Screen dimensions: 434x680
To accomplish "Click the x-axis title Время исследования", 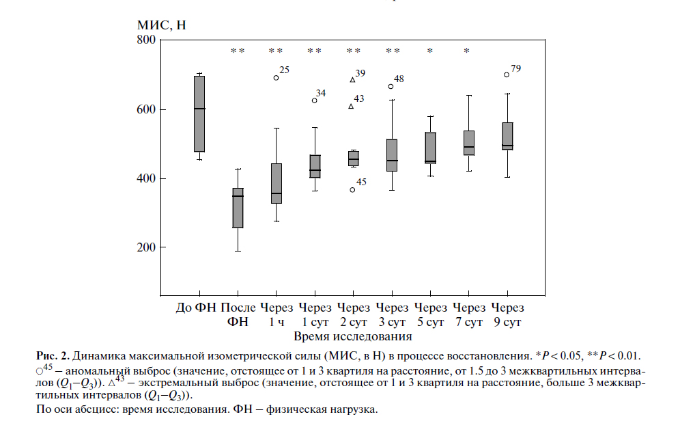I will (353, 336).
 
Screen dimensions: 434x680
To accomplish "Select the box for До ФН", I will (199, 113).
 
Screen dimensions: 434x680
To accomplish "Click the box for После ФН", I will (238, 208).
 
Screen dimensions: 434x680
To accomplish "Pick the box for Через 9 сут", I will (507, 136).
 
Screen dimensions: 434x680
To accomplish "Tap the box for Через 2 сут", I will (353, 158).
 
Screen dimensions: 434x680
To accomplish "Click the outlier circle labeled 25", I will (277, 77).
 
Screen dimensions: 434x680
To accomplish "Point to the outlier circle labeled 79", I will (507, 74).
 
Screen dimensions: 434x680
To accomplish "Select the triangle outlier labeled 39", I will (352, 80).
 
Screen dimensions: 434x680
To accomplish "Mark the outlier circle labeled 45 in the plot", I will (352, 189).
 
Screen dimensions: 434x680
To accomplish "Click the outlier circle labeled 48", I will (391, 86).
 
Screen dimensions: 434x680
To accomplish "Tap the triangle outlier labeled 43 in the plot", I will (352, 106).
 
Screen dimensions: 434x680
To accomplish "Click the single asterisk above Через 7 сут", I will (467, 51).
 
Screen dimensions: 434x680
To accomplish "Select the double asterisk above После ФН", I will (238, 51).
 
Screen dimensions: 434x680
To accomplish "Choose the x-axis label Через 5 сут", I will (430, 314).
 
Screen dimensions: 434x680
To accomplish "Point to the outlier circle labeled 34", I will (315, 100).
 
